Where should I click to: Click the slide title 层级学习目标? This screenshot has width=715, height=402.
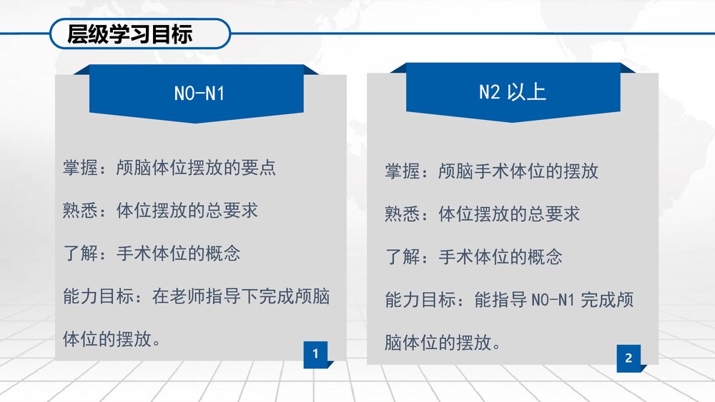pyautogui.click(x=129, y=34)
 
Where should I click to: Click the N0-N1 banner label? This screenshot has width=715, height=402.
pyautogui.click(x=199, y=93)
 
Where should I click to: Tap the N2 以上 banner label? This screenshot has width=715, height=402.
pyautogui.click(x=512, y=91)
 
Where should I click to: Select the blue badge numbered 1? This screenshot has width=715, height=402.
pyautogui.click(x=315, y=353)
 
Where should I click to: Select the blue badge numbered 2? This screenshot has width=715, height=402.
pyautogui.click(x=628, y=358)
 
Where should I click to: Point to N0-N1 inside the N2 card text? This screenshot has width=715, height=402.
pyautogui.click(x=553, y=300)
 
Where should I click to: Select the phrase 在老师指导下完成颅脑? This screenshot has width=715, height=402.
pyautogui.click(x=241, y=296)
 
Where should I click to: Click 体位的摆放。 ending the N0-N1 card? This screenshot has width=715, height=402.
pyautogui.click(x=112, y=339)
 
